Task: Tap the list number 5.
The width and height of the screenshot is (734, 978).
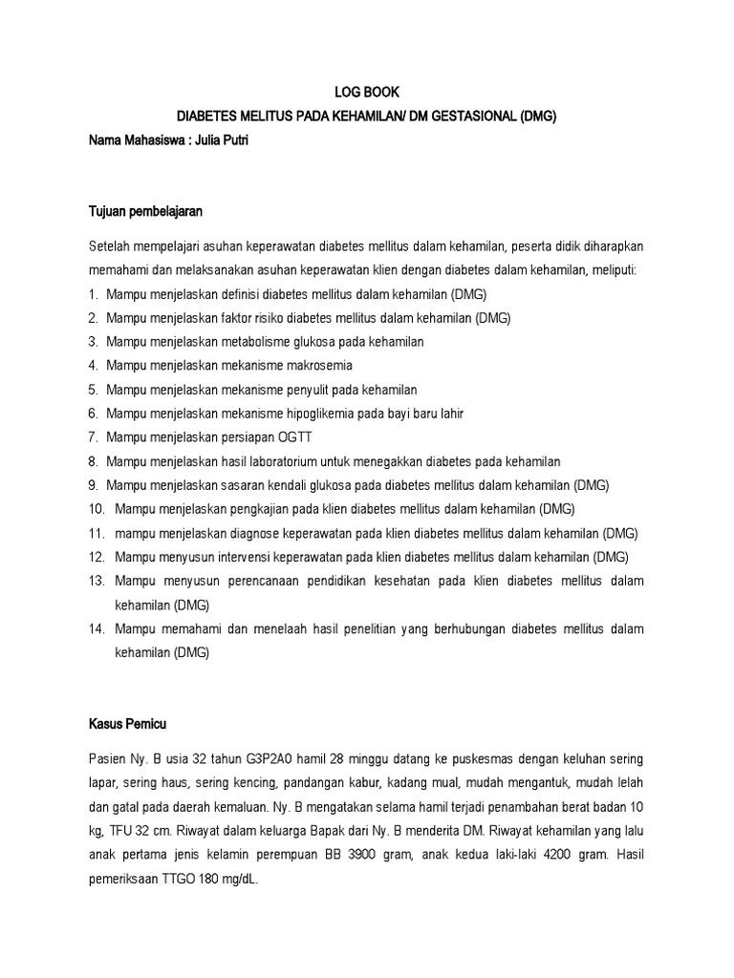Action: click(x=93, y=390)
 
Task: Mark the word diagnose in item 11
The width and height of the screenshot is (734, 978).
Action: click(x=245, y=533)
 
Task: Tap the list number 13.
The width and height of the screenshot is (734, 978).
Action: click(x=96, y=581)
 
